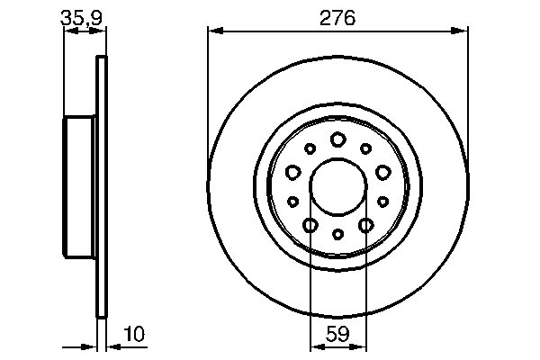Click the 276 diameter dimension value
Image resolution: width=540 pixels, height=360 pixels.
tap(338, 17)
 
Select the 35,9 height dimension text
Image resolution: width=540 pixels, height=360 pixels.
tap(78, 16)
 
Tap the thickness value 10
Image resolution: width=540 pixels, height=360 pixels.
tap(132, 335)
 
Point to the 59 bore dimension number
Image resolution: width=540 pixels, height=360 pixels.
tap(337, 335)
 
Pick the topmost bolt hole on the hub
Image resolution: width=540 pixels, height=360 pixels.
tap(337, 139)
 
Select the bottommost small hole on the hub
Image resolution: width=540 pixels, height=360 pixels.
tap(337, 234)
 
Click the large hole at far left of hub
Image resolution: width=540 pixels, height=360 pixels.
tap(292, 171)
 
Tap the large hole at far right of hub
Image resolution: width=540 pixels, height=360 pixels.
tap(382, 171)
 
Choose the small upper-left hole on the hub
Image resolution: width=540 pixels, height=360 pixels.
tap(310, 148)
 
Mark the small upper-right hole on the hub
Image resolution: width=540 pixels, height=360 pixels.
tap(366, 148)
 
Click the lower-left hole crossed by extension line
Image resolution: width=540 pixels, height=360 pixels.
tap(310, 225)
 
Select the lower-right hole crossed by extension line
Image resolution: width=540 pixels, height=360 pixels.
tap(365, 225)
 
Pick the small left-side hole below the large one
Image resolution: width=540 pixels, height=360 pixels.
tap(293, 202)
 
